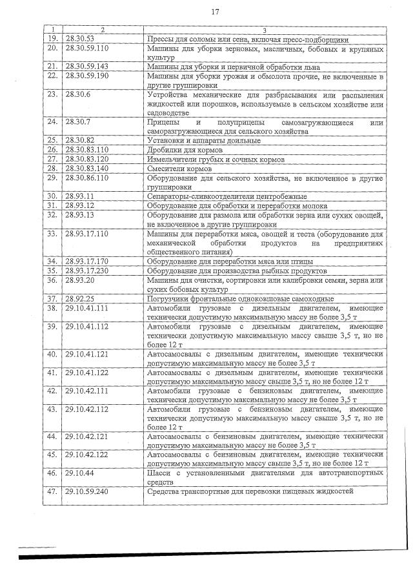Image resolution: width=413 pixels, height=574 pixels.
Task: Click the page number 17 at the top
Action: pyautogui.click(x=215, y=12)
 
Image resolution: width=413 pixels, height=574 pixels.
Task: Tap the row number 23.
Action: pyautogui.click(x=53, y=94)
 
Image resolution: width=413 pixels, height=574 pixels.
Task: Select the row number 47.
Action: pyautogui.click(x=53, y=492)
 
